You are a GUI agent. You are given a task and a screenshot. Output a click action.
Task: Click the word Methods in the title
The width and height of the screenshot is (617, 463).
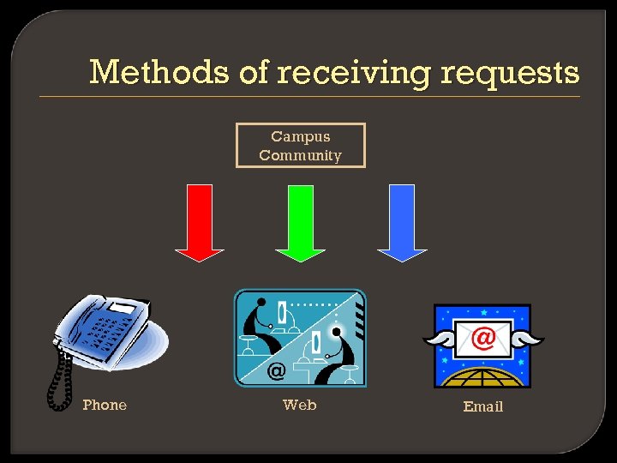click(159, 72)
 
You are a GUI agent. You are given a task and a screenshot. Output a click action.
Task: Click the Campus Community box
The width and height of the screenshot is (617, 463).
click(300, 146)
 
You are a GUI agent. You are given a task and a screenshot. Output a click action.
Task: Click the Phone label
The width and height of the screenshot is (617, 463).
click(105, 405)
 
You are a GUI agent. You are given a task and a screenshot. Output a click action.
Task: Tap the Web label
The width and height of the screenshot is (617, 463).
click(300, 405)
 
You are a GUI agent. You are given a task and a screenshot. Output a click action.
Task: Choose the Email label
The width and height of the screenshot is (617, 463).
click(483, 406)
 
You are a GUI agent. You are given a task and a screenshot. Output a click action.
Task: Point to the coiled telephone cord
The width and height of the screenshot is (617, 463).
click(60, 377)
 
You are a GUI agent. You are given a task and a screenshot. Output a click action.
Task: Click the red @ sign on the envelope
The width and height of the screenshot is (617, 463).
click(483, 338)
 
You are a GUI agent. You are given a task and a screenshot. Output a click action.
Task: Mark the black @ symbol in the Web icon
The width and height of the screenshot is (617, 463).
click(276, 371)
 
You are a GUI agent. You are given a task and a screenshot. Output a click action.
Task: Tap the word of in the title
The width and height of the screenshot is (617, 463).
click(255, 72)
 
